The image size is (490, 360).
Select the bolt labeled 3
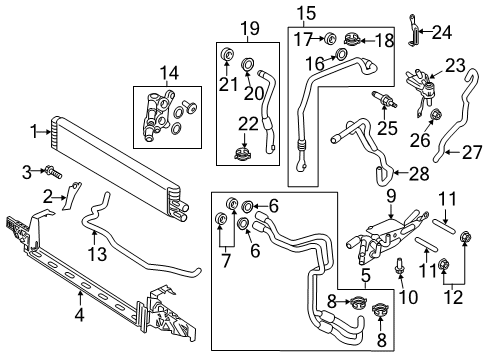tap(48, 174)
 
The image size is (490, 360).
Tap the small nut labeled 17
tap(329, 39)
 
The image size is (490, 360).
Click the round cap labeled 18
tap(356, 40)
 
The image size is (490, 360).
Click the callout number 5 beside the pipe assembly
tap(366, 274)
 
